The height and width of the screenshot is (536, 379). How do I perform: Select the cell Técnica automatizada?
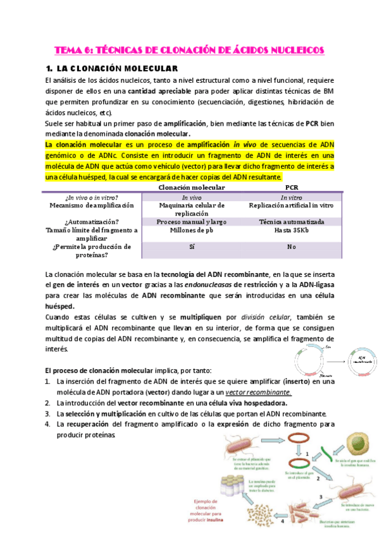[x=292, y=222]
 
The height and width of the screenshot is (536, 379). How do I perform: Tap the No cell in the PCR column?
[x=292, y=247]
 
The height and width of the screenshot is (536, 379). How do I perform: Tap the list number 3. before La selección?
[x=48, y=414]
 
